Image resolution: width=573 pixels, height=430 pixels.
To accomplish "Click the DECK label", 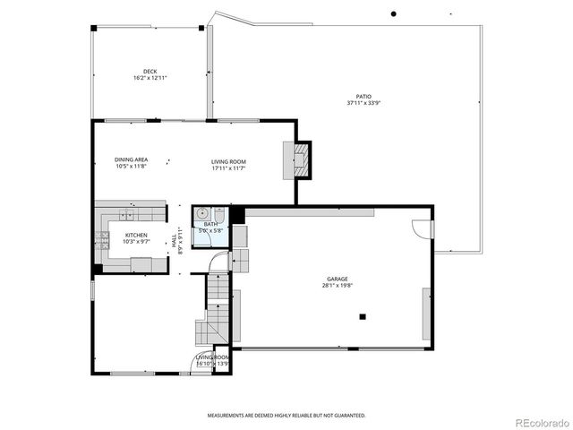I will [x=150, y=72].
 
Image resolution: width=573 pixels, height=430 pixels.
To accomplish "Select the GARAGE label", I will [x=337, y=279].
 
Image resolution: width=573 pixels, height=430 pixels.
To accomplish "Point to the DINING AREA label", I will [x=131, y=160].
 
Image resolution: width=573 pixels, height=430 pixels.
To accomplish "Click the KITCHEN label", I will [x=124, y=235].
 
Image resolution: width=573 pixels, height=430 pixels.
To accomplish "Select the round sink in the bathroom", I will [x=202, y=214].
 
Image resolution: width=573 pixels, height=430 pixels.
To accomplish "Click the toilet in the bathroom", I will [x=218, y=214].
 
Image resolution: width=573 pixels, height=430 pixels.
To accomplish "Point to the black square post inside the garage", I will [x=363, y=316].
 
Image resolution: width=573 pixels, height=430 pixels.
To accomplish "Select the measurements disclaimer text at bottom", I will [x=286, y=416].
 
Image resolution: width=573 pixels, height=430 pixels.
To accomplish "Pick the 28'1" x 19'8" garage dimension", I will [x=337, y=287].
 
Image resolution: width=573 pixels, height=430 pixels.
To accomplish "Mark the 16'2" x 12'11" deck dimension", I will [x=150, y=79].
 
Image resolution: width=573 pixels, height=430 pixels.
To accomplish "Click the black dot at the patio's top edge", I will [x=392, y=13].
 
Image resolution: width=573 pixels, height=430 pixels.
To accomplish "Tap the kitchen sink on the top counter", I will [x=126, y=215].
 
